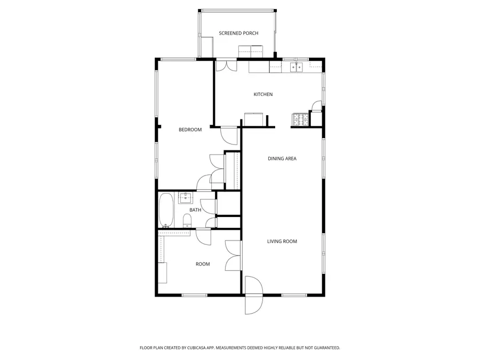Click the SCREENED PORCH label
(x=238, y=33)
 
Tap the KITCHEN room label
(x=263, y=94)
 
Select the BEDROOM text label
(x=190, y=130)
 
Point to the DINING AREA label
(x=282, y=158)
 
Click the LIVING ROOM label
(x=282, y=242)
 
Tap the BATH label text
(x=195, y=210)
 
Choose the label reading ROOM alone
(x=203, y=264)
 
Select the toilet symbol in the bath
(x=187, y=220)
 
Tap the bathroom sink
(x=185, y=198)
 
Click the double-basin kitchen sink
(x=296, y=67)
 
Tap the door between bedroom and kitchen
(x=230, y=135)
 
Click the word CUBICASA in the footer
(x=197, y=348)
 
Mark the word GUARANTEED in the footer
(x=325, y=348)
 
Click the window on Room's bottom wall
(x=194, y=295)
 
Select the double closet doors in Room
(x=233, y=255)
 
